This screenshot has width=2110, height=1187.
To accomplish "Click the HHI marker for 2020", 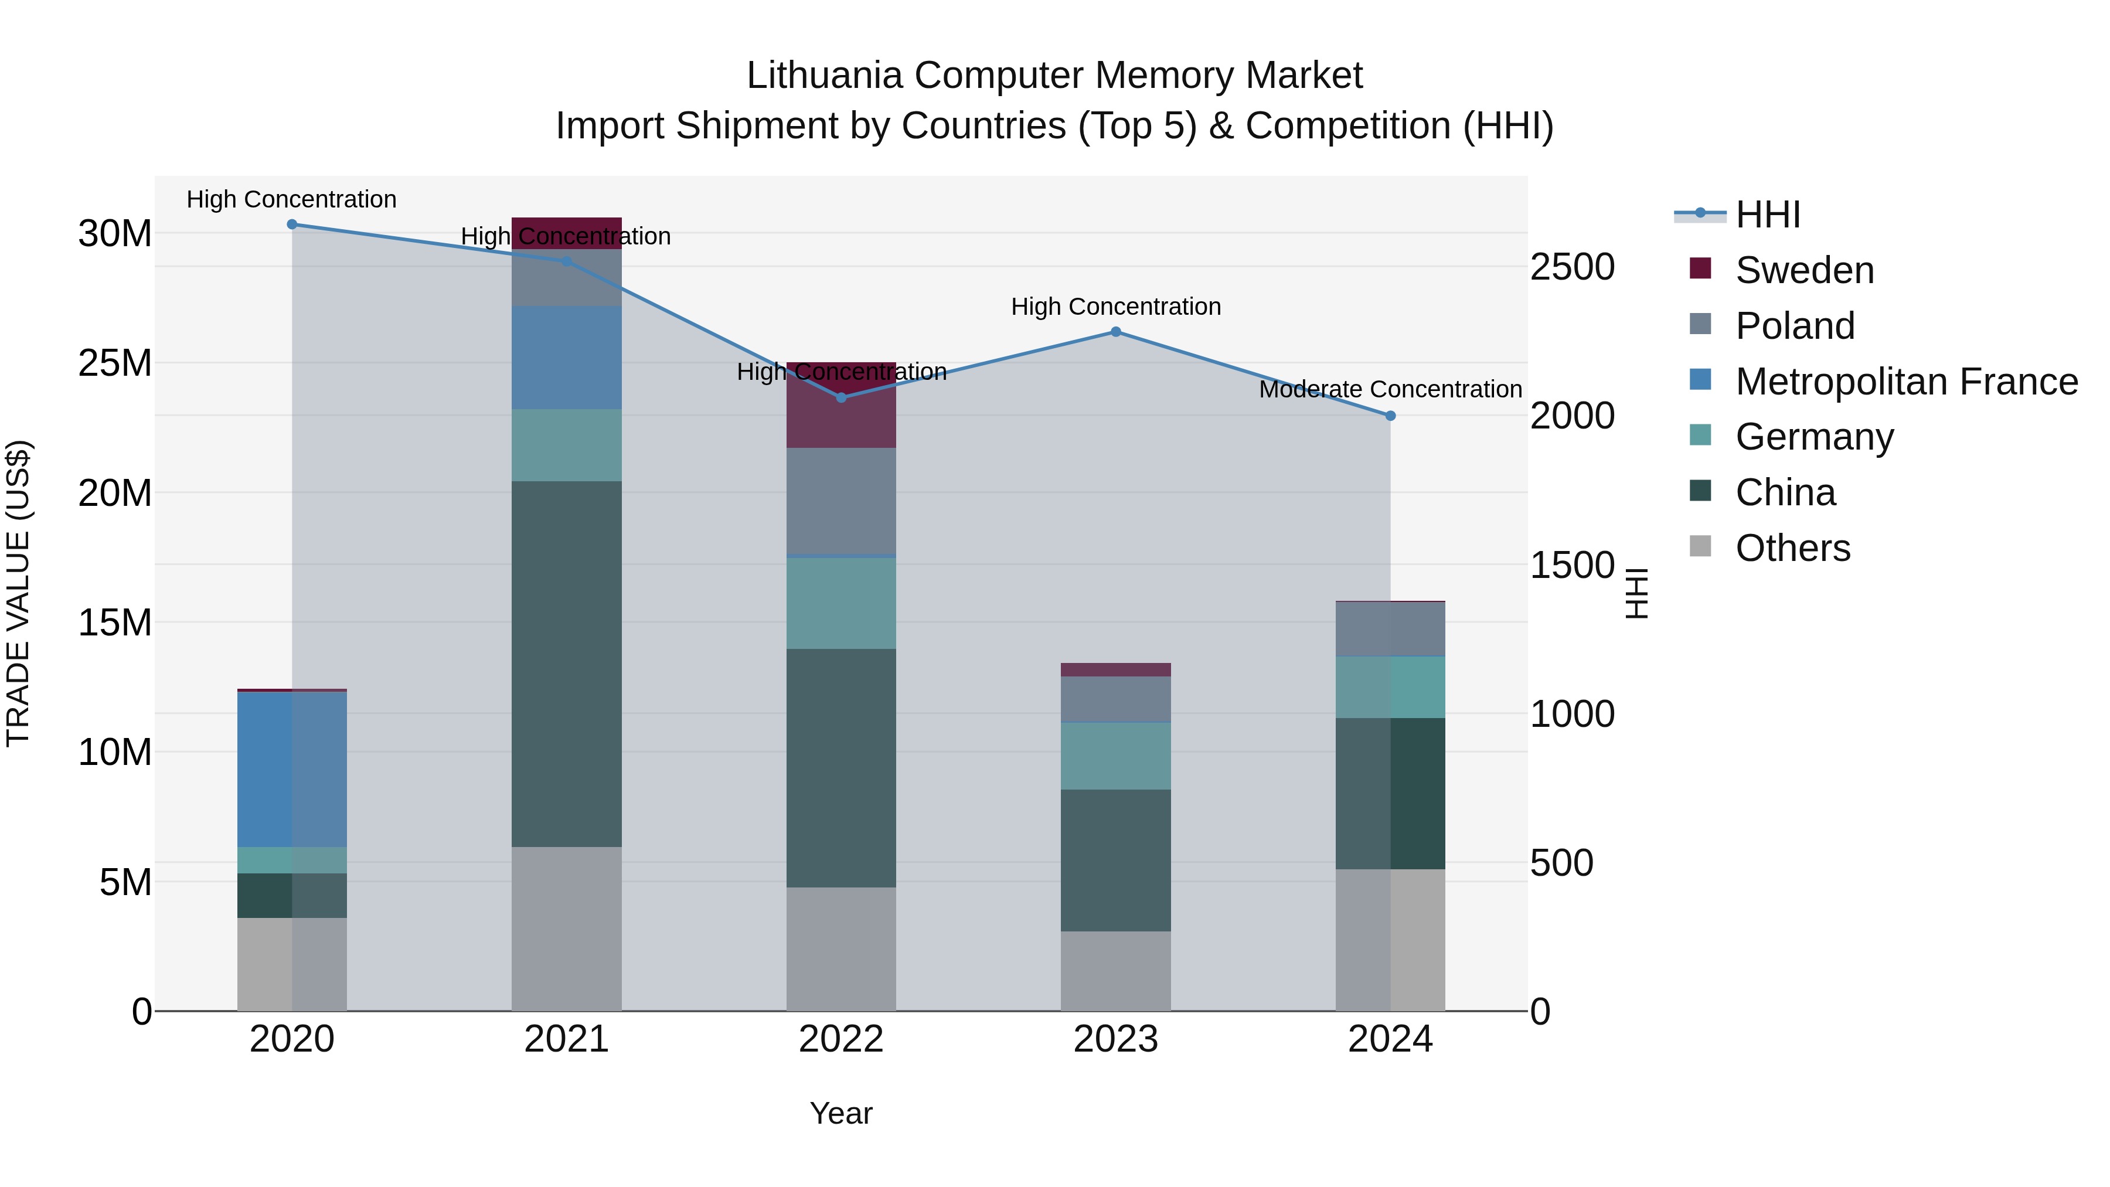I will [x=292, y=225].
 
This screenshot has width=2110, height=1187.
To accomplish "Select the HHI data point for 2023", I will [x=1115, y=332].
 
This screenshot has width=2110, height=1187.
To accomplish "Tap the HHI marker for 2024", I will [x=1390, y=416].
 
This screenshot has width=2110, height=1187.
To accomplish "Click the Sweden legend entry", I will [x=1803, y=270].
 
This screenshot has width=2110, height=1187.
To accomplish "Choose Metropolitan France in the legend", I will [x=1906, y=382].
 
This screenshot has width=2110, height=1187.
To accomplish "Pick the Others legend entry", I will [x=1792, y=548].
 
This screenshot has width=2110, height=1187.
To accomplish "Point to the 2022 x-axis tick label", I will [x=840, y=1039].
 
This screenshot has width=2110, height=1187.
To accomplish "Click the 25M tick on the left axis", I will [x=115, y=363].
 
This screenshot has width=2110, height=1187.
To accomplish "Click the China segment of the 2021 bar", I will [x=566, y=664].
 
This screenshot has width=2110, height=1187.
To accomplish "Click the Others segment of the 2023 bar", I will [x=1115, y=971].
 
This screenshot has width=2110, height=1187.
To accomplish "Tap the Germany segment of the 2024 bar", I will [x=1390, y=688].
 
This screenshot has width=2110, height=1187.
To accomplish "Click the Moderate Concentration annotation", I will [x=1390, y=389].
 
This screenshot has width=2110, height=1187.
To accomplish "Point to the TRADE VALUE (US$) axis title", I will [x=18, y=593].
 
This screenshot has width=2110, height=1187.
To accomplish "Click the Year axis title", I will [x=840, y=1113].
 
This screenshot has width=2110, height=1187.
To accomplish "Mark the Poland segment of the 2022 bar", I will [x=840, y=501].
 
